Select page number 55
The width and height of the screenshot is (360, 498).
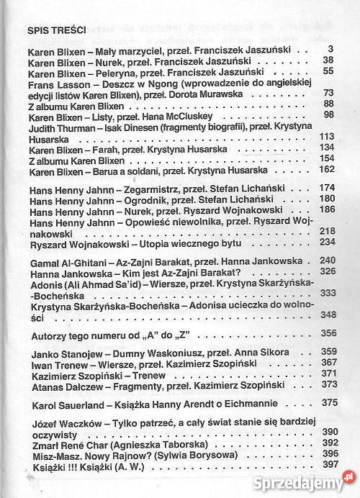(x=328, y=71)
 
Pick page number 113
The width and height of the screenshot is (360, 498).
(x=326, y=136)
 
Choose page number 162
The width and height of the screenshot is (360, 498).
(x=326, y=168)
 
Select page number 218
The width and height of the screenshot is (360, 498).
(x=326, y=230)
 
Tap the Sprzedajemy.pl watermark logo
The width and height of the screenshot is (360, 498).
(x=310, y=476)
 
